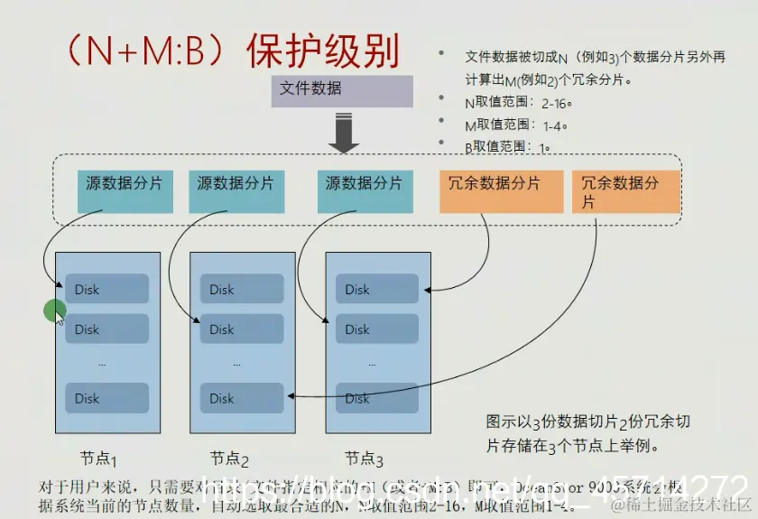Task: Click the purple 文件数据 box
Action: click(x=342, y=91)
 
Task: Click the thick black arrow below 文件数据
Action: click(x=343, y=133)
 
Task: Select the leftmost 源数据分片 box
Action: click(x=125, y=191)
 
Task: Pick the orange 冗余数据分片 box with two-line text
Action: click(x=625, y=191)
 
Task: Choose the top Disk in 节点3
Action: click(x=377, y=290)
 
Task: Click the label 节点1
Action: click(x=100, y=458)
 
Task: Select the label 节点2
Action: click(x=230, y=458)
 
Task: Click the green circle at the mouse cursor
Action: click(x=55, y=311)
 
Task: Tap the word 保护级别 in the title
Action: click(x=323, y=52)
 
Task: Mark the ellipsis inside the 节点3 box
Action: click(x=372, y=364)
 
